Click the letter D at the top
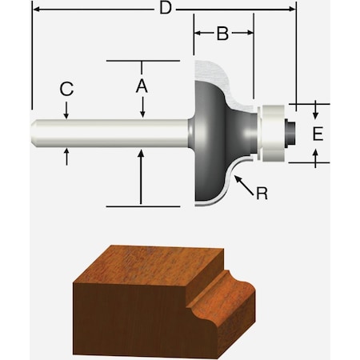coord(165,10)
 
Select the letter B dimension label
coord(222,33)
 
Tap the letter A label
coord(141,85)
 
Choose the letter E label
coord(318,133)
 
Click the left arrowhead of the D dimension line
coord(35,10)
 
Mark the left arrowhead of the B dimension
coord(198,33)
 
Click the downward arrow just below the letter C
coord(66,113)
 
